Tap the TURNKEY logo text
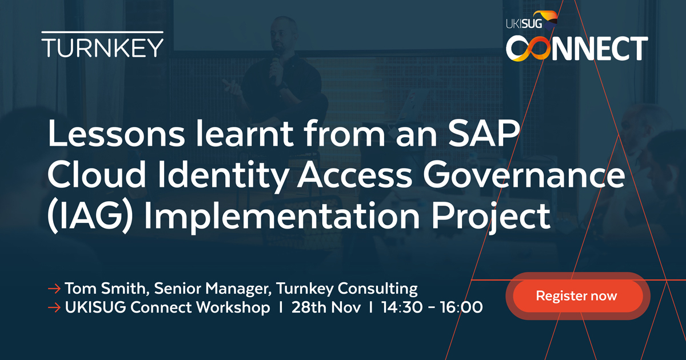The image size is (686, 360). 102,47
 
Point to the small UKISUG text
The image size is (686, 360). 524,23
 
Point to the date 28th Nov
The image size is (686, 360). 326,308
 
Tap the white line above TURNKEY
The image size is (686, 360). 102,32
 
